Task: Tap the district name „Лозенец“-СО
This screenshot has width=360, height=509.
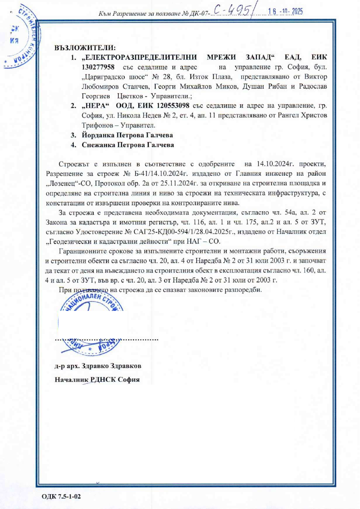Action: coord(70,183)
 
